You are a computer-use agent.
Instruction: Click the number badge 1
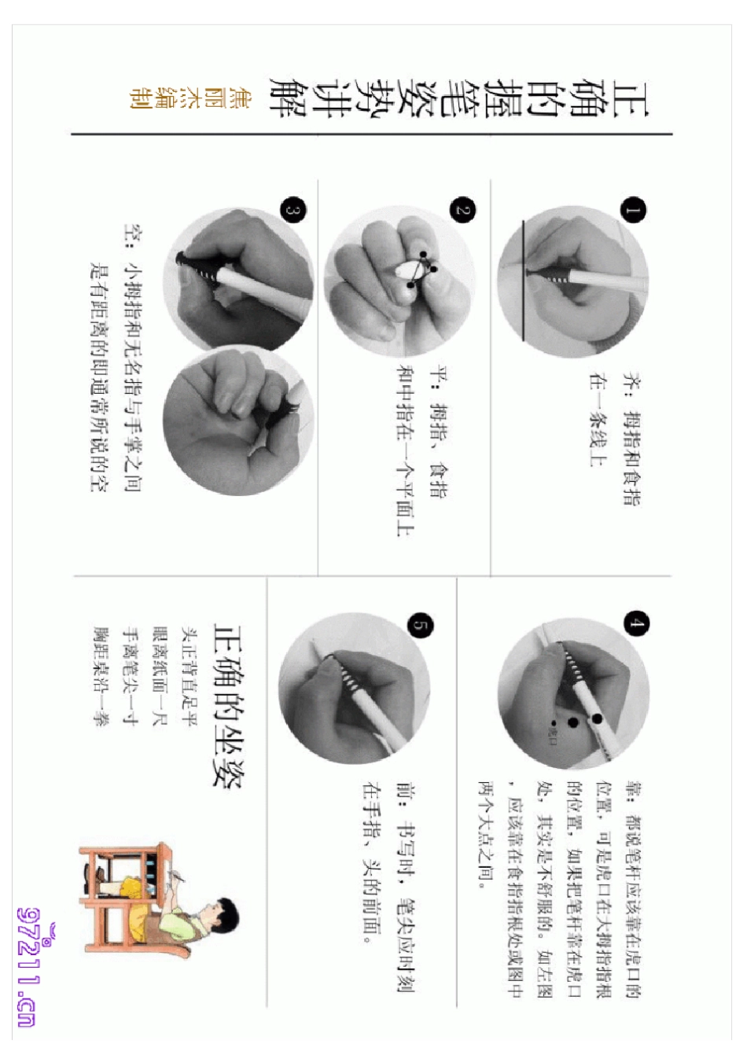tap(633, 210)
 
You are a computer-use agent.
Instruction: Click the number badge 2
tap(462, 210)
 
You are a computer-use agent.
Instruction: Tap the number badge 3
tap(293, 210)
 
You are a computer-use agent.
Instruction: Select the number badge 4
tap(635, 624)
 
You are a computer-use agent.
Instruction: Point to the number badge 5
tap(421, 626)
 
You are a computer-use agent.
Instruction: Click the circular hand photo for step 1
tap(574, 283)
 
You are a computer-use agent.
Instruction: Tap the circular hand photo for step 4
tap(574, 692)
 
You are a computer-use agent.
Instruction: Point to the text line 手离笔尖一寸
tap(131, 676)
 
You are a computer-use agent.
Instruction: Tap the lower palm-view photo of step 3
tap(236, 424)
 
